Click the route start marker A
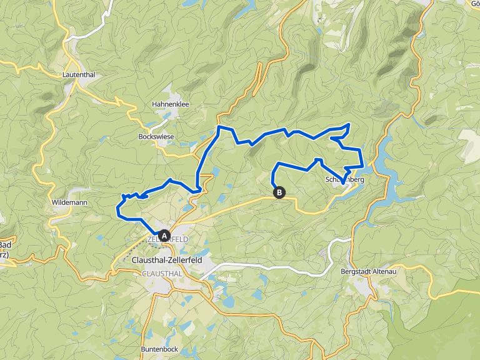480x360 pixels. coord(164,236)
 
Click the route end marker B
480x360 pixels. coord(279,193)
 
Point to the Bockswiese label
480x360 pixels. coord(156,135)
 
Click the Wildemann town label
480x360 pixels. coord(70,202)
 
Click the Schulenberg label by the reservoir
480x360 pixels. coord(344,180)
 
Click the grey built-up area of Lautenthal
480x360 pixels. coord(70,88)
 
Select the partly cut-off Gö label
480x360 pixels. coord(473,4)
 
